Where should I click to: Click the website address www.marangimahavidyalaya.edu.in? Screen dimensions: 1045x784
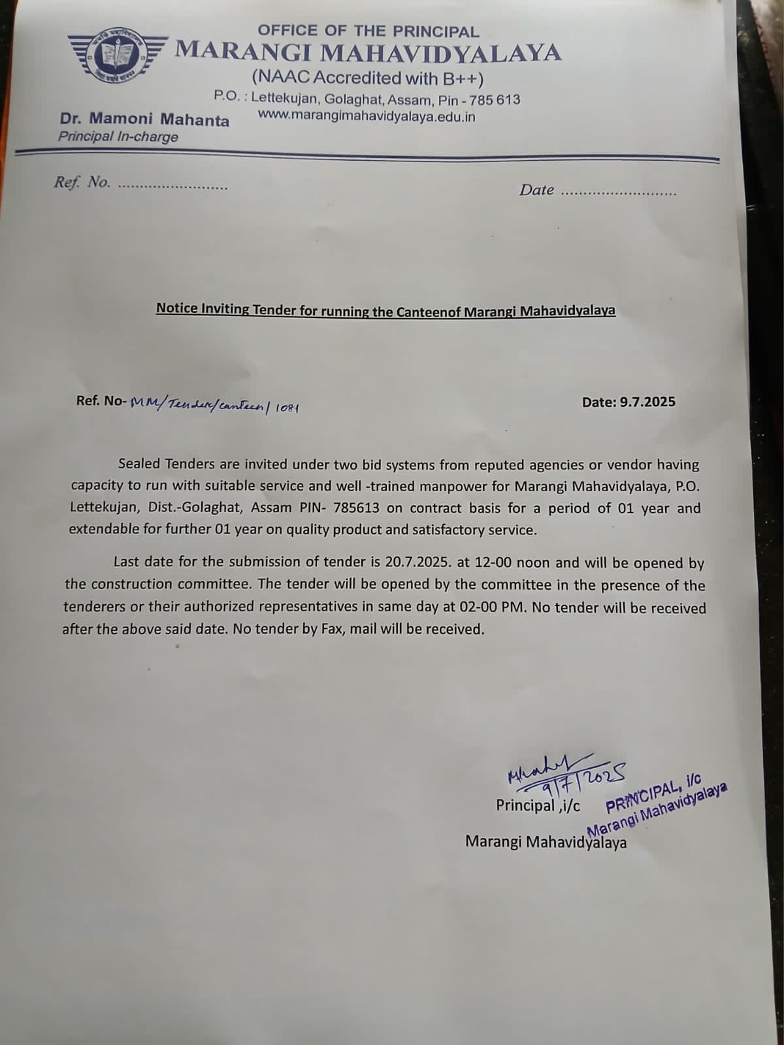(367, 116)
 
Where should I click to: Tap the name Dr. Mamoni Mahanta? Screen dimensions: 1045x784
(144, 120)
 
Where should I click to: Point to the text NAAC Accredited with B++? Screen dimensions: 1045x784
(368, 78)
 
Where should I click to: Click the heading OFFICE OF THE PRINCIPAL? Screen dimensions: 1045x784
(368, 31)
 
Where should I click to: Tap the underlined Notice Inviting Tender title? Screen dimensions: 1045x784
(385, 310)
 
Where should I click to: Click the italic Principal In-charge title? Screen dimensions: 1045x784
(118, 137)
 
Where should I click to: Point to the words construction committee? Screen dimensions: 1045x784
(171, 585)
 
